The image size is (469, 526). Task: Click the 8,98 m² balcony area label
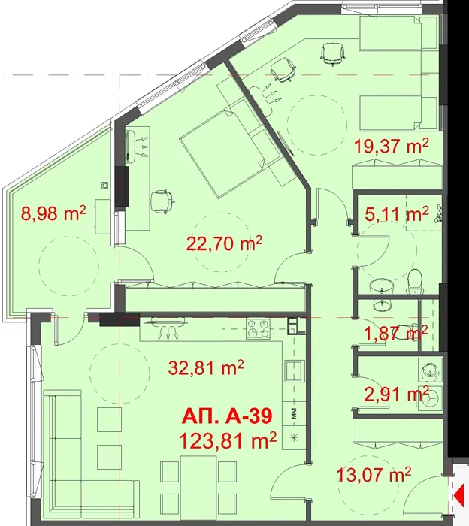tap(53, 213)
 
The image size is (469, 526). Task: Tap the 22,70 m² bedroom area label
tap(224, 243)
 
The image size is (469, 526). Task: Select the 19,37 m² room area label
tap(392, 146)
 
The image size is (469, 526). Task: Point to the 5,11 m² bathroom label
tap(397, 214)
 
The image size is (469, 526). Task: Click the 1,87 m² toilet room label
tap(396, 333)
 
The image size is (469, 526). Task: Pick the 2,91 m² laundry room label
tap(397, 394)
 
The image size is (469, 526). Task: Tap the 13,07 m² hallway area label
tap(374, 474)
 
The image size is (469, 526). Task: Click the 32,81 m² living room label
tap(206, 367)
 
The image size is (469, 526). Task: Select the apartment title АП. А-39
tap(227, 417)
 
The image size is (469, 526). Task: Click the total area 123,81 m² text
tap(228, 440)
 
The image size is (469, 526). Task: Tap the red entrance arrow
tap(458, 494)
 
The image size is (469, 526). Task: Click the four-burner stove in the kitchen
tap(258, 328)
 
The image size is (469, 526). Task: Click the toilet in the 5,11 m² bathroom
tap(414, 281)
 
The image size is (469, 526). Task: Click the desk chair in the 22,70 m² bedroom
tap(162, 201)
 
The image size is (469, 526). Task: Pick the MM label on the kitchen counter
tap(294, 413)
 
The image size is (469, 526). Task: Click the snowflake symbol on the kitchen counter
tap(294, 438)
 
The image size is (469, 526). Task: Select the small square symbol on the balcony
tap(105, 185)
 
